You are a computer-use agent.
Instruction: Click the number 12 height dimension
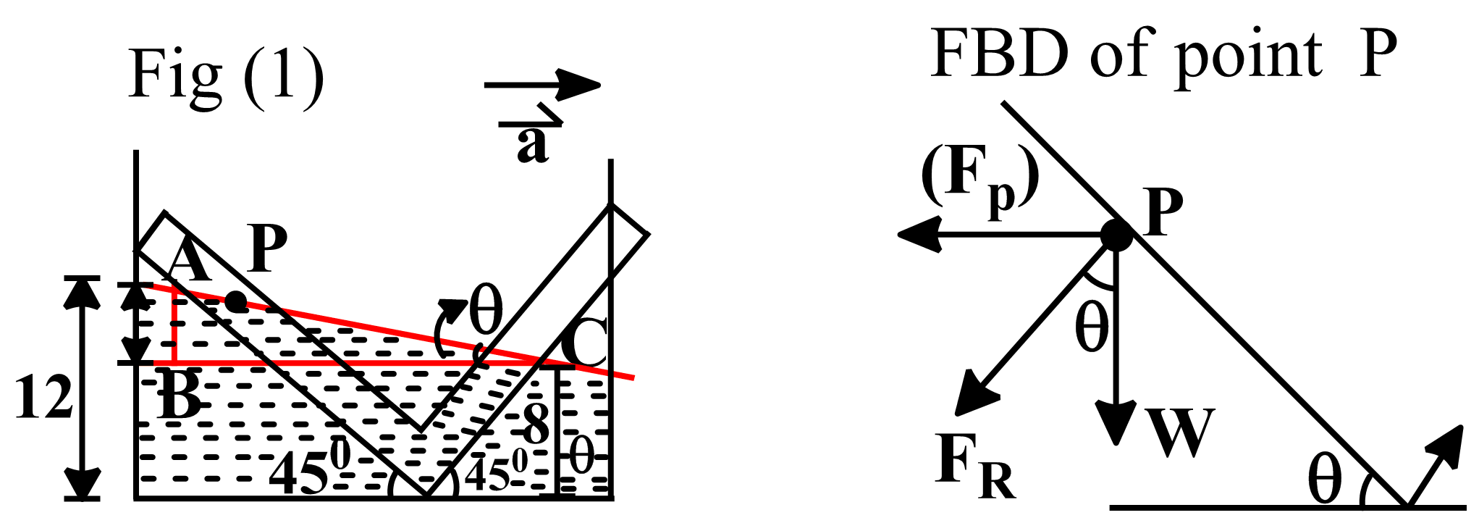pos(43,398)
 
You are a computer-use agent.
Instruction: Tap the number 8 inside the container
pos(536,424)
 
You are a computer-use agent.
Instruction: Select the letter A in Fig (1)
pos(188,262)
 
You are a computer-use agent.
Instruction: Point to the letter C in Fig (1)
pos(583,343)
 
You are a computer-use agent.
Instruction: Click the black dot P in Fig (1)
pos(236,301)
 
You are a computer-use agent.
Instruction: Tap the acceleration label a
pos(533,143)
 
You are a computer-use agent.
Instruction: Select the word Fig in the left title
pos(174,75)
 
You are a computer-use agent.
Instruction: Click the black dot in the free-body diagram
pos(1116,235)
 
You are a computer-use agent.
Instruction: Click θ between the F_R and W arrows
pos(1092,327)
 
